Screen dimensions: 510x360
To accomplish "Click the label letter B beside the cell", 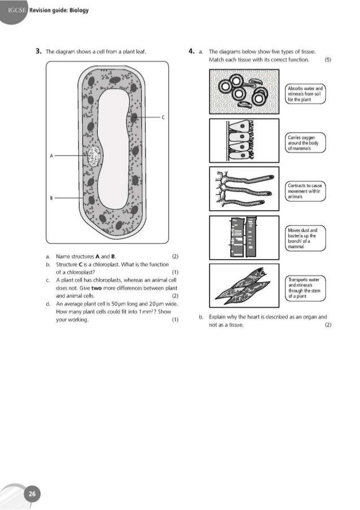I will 51,198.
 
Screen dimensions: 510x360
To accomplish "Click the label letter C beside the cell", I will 163,117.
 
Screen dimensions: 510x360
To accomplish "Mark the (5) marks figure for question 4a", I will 329,59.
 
